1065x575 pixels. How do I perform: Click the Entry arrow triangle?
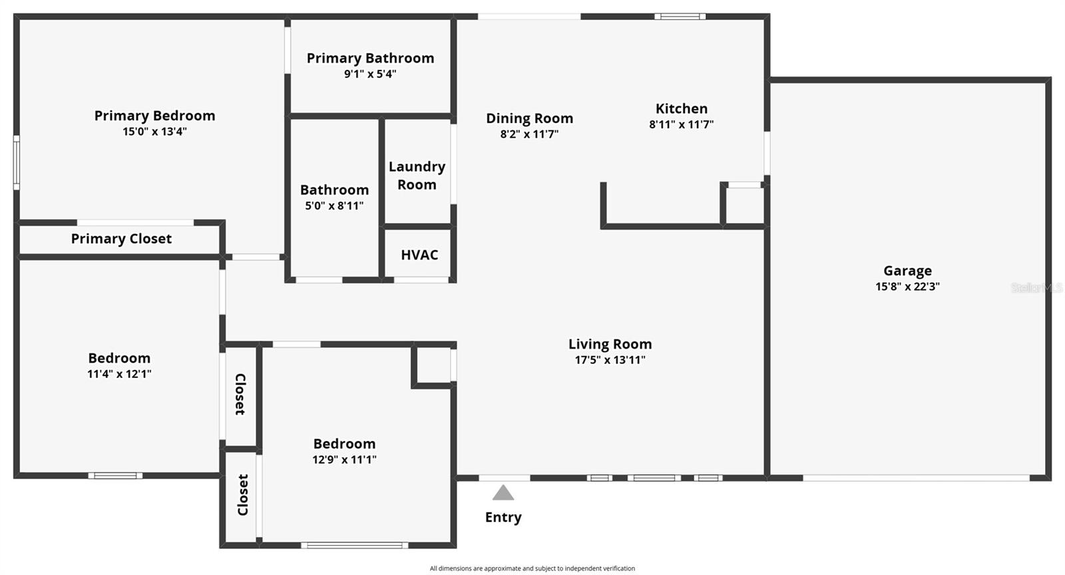point(503,493)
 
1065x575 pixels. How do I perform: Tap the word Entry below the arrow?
point(503,517)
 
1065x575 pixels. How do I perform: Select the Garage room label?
point(907,271)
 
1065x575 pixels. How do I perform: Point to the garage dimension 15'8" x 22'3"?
point(907,287)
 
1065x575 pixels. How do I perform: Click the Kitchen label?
point(681,108)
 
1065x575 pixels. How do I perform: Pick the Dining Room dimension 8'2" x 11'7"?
point(529,134)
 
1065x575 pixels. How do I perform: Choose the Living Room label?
point(610,344)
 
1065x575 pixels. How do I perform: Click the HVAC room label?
point(419,255)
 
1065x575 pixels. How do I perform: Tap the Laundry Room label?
point(417,176)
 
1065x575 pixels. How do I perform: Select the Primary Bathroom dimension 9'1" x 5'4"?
point(370,74)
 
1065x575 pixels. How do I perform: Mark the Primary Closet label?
point(121,239)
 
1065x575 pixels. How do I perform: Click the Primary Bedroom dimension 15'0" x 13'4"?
point(154,131)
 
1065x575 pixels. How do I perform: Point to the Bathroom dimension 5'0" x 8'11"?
point(334,206)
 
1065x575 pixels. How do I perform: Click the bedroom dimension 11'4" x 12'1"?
point(119,374)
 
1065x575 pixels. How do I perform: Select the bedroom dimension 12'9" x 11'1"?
point(344,459)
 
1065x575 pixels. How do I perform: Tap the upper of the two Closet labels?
point(240,394)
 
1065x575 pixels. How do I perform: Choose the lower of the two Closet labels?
point(242,494)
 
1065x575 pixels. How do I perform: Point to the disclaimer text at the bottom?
point(532,568)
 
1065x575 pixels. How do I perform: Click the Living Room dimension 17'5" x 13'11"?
point(610,360)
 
